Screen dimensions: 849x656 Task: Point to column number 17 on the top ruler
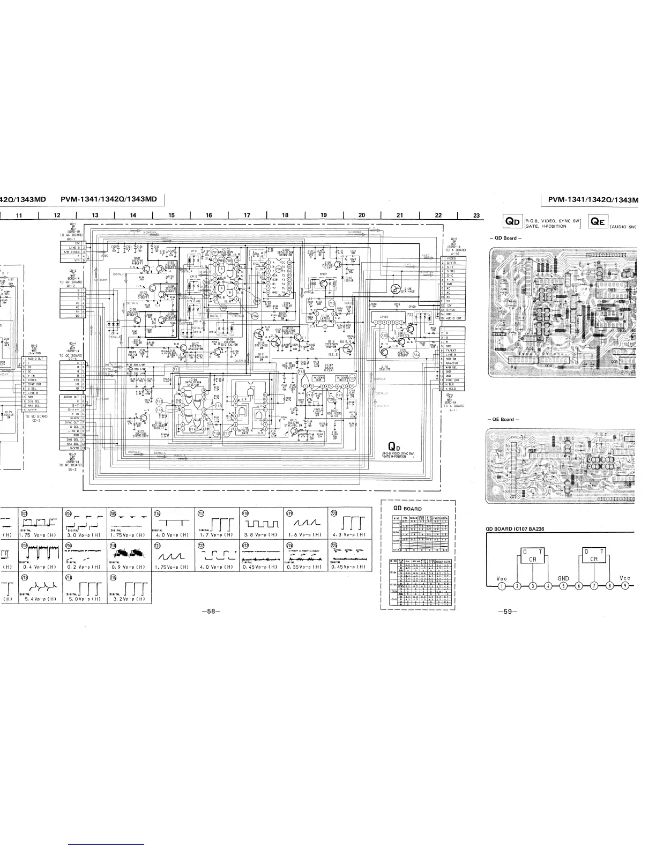(247, 215)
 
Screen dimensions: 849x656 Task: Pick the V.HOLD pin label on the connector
(449, 388)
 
